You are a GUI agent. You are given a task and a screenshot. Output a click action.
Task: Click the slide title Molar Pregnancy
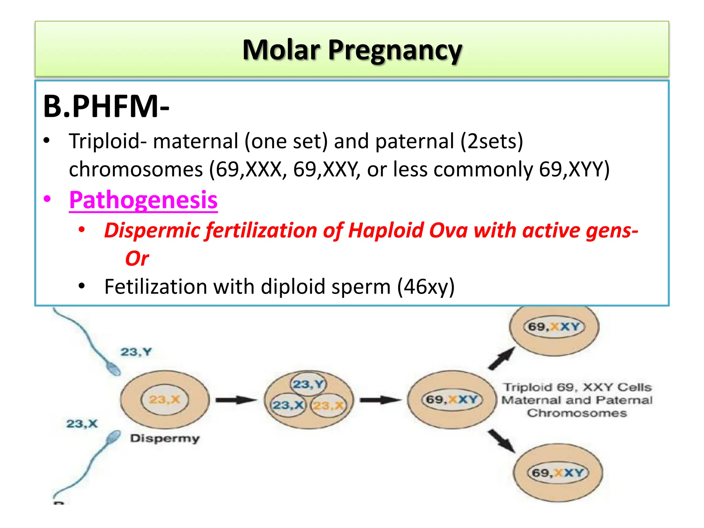[352, 50]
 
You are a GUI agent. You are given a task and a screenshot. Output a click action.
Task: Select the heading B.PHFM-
[106, 106]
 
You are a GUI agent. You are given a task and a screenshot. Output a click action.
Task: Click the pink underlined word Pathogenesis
[143, 200]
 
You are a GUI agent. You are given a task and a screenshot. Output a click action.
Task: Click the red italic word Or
[137, 258]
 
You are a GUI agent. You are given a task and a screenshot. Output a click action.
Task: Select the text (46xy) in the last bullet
[426, 287]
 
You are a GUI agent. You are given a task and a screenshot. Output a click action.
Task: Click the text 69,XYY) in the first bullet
[574, 169]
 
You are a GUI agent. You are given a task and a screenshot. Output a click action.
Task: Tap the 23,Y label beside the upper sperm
[136, 352]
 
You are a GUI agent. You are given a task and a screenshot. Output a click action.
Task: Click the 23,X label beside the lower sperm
[82, 423]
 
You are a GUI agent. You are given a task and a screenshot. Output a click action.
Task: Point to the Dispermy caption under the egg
[165, 439]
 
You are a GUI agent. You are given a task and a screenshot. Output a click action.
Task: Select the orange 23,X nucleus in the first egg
[164, 399]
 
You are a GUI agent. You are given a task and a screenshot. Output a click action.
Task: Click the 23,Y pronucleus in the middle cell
[308, 384]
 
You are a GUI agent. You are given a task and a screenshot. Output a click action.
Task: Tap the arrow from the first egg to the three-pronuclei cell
[236, 400]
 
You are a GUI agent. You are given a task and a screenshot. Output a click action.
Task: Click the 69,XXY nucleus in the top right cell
[554, 327]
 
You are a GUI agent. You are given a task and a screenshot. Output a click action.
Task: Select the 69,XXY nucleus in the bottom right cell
[558, 473]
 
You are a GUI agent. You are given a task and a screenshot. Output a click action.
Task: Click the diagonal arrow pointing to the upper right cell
[502, 358]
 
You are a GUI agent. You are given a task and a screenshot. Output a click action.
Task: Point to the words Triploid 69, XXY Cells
[577, 387]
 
